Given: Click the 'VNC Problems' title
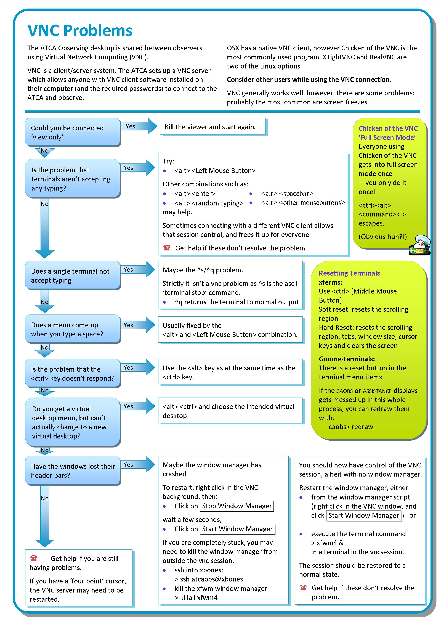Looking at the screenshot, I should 80,30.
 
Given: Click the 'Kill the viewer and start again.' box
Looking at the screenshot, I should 212,127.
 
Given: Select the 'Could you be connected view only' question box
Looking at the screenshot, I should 73,132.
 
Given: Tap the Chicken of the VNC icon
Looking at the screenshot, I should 420,245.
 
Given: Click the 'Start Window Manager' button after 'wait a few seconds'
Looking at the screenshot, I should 237,529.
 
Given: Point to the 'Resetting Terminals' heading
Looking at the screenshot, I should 349,273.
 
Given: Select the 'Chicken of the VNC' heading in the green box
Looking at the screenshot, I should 388,128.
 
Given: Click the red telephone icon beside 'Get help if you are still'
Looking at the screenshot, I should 34,558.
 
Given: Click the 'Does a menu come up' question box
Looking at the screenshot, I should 73,329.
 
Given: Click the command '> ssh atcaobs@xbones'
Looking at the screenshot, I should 209,579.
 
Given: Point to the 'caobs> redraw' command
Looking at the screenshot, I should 351,427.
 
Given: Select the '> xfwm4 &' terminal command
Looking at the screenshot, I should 327,543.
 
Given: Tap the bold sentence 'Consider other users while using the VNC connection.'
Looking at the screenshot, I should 309,80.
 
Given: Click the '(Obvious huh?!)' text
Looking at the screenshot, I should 382,237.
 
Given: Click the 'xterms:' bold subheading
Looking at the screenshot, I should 330,282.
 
